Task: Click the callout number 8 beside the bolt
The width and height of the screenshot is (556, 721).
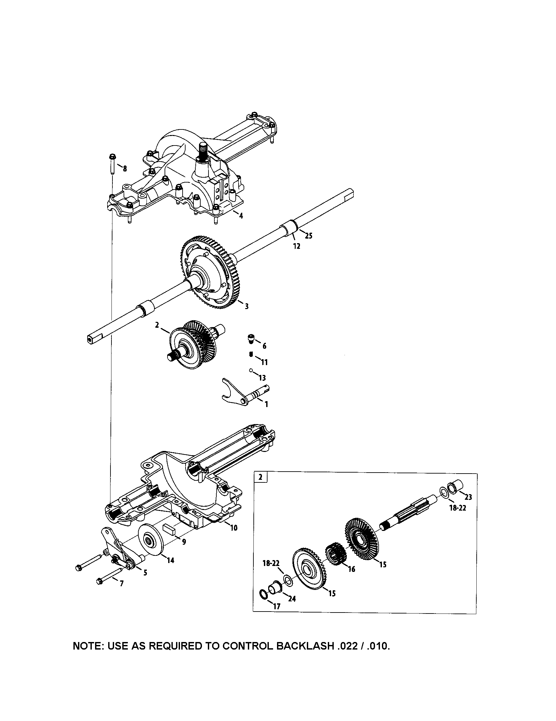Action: [125, 169]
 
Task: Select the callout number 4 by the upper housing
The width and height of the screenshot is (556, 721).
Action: [241, 216]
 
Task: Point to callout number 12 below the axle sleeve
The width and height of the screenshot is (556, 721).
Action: [296, 246]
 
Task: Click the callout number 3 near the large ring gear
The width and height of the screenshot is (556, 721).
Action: [246, 306]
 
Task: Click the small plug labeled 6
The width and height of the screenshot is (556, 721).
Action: [251, 338]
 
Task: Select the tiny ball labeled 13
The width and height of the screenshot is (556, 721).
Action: [251, 370]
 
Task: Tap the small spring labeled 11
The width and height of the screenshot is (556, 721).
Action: [250, 355]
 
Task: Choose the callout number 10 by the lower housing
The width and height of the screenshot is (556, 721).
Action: [233, 528]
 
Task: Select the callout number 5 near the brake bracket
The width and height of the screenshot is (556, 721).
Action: [145, 573]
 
